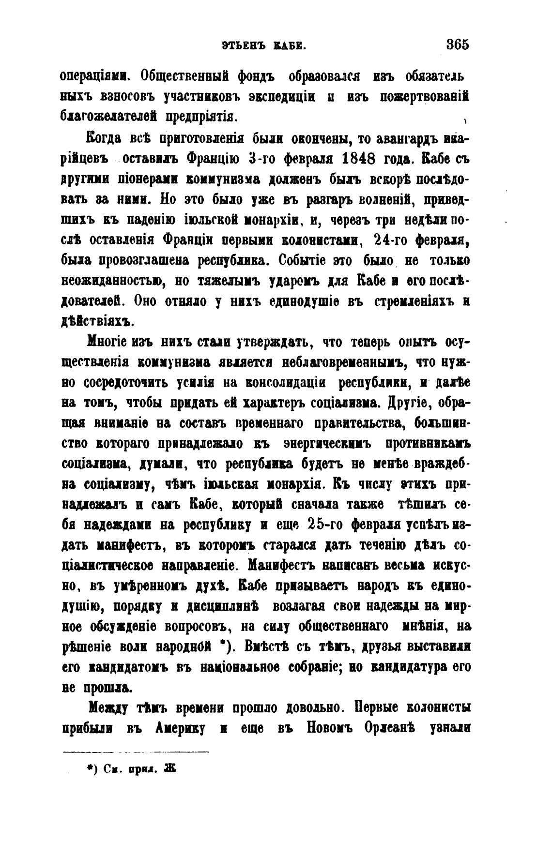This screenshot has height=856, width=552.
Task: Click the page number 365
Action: click(x=458, y=45)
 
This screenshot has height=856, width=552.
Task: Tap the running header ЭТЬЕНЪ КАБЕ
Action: click(x=264, y=45)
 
